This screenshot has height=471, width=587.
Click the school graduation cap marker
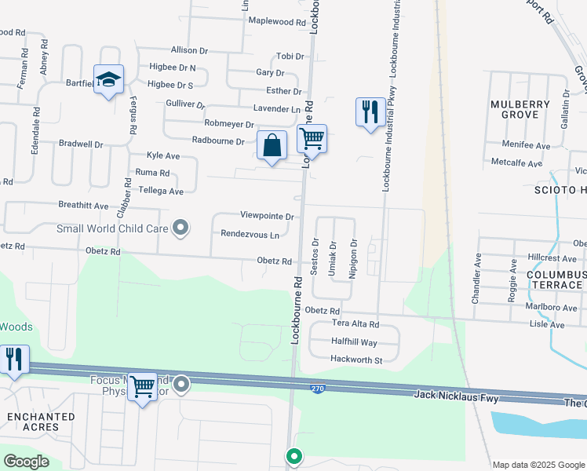[x=109, y=79]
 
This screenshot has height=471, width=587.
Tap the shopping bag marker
[x=272, y=145]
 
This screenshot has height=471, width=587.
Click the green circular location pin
[x=294, y=455]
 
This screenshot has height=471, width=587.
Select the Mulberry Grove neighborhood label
[x=515, y=109]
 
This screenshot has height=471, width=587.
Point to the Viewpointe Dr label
[x=267, y=216]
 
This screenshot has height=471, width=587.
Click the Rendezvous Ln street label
[x=250, y=235]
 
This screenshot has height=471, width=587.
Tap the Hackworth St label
[x=356, y=360]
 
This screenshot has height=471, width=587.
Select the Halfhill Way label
[x=354, y=342]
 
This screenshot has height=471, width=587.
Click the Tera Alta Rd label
[x=355, y=324]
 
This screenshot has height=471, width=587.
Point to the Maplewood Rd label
[x=276, y=22]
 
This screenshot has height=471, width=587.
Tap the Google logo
[x=27, y=461]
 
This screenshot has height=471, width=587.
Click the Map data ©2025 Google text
[x=538, y=465]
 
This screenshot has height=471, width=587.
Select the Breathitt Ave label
[x=83, y=206]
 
